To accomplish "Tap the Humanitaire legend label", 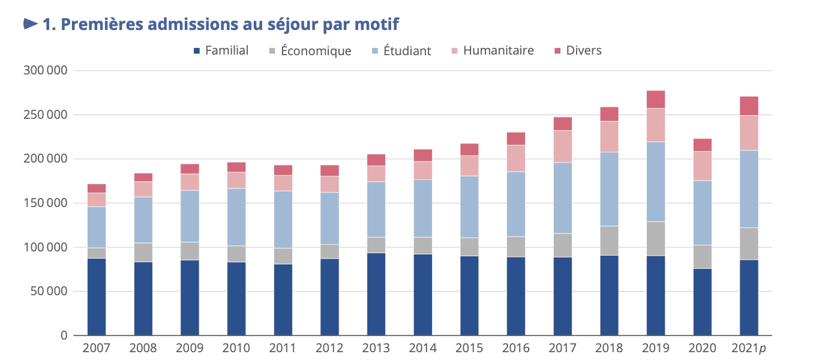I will click(498, 50).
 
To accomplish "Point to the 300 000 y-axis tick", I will click(46, 71).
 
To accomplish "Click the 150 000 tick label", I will click(46, 203).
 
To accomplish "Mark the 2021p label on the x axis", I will click(749, 349).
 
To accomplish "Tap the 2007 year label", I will click(97, 349).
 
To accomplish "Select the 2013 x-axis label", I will click(376, 349).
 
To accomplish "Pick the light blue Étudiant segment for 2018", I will click(609, 189).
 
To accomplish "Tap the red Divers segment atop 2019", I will click(656, 100).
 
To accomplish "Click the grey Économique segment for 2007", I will click(97, 253).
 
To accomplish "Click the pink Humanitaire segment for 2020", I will click(703, 166).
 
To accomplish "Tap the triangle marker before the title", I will click(30, 24).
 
